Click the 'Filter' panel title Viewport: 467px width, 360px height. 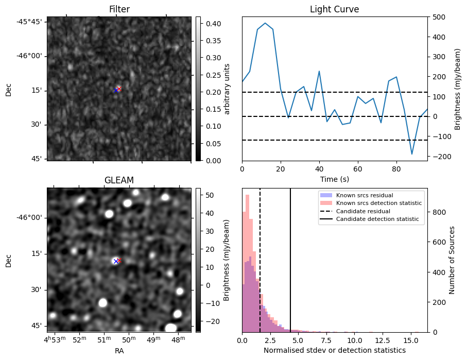(119, 9)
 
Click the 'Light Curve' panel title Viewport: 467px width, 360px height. (334, 9)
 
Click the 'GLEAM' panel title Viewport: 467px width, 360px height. (119, 180)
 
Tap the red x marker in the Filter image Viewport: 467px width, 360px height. (119, 89)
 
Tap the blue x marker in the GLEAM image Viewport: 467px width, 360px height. (116, 261)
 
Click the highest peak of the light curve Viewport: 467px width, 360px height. (265, 23)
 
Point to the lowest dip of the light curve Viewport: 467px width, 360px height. (412, 154)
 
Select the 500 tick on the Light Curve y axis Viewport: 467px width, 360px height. (437, 17)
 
